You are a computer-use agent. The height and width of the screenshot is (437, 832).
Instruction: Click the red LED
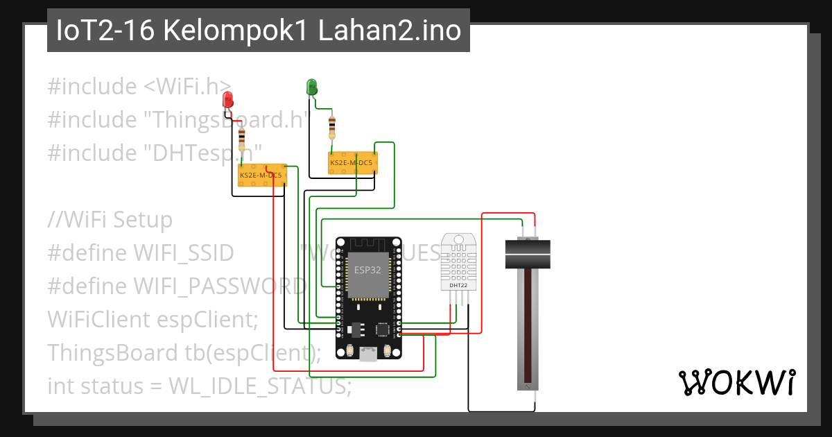pyautogui.click(x=227, y=100)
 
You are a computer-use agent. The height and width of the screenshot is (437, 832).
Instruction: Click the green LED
pyautogui.click(x=312, y=87)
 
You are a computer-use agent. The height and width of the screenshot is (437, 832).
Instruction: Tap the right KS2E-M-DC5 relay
pyautogui.click(x=352, y=163)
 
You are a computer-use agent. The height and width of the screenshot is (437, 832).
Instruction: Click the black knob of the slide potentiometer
pyautogui.click(x=527, y=254)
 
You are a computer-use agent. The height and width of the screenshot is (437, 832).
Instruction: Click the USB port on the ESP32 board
pyautogui.click(x=368, y=354)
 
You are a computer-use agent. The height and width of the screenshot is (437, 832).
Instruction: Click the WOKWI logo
pyautogui.click(x=736, y=382)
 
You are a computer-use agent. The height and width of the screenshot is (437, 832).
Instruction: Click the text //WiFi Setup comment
pyautogui.click(x=110, y=220)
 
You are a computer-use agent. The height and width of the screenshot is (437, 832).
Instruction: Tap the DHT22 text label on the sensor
pyautogui.click(x=458, y=284)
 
